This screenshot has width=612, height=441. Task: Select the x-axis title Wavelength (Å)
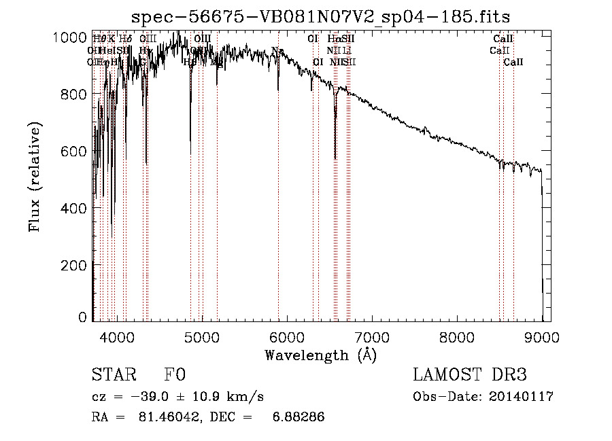point(320,355)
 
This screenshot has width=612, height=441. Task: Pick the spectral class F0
point(175,376)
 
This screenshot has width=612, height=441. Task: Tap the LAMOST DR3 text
point(470,376)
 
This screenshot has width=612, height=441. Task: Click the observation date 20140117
point(521,397)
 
